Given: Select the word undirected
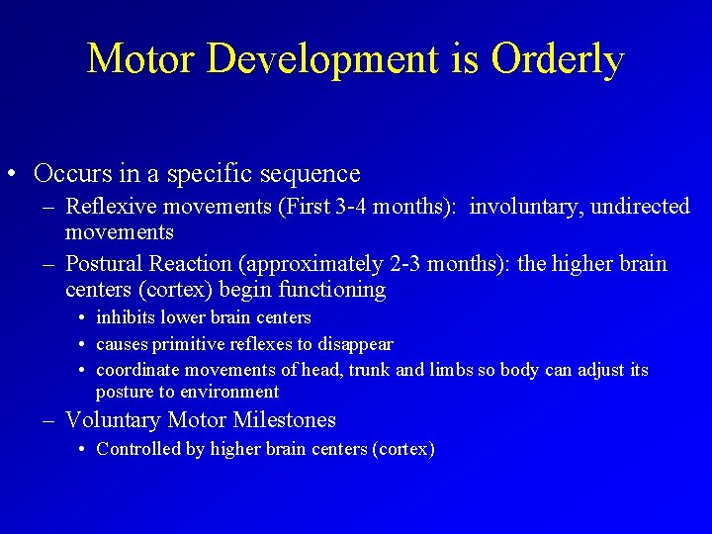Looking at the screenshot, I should [638, 207].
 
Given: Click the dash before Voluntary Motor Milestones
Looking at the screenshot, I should [49, 421].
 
